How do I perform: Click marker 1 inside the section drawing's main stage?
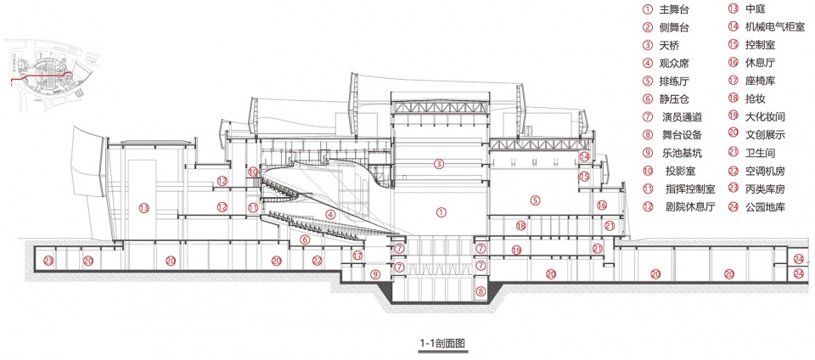[x=441, y=212]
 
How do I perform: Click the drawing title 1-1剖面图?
[x=441, y=343]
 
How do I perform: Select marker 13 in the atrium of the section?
[x=144, y=208]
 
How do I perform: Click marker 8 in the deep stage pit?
[x=481, y=292]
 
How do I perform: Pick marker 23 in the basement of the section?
[x=48, y=261]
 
